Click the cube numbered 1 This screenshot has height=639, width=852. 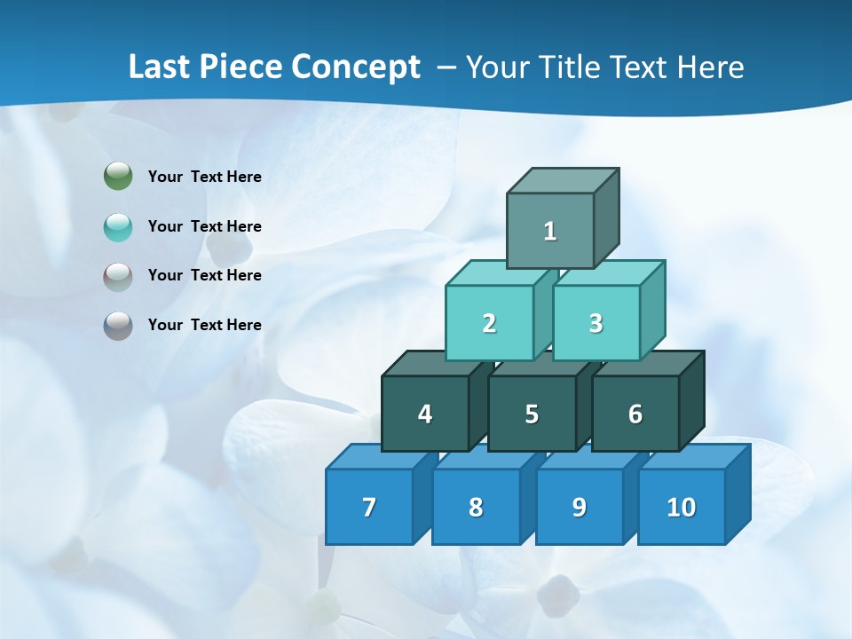pyautogui.click(x=550, y=231)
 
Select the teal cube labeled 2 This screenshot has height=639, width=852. pyautogui.click(x=489, y=323)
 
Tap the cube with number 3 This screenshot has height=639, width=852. pyautogui.click(x=596, y=323)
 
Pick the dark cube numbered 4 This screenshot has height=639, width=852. pyautogui.click(x=425, y=414)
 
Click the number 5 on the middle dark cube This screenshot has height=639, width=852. pyautogui.click(x=532, y=414)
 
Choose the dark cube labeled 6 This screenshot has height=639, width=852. pyautogui.click(x=635, y=414)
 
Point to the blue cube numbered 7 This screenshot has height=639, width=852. pyautogui.click(x=369, y=507)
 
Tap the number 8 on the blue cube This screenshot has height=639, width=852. pyautogui.click(x=476, y=507)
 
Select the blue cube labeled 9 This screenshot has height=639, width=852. pyautogui.click(x=580, y=507)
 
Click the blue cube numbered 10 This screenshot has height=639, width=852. pyautogui.click(x=681, y=507)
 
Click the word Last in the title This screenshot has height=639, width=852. pyautogui.click(x=161, y=67)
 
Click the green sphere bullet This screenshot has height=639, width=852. pyautogui.click(x=118, y=177)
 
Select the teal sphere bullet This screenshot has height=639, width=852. pyautogui.click(x=118, y=226)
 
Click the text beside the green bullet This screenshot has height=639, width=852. pyautogui.click(x=205, y=177)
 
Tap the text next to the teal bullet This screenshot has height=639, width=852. pyautogui.click(x=205, y=226)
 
